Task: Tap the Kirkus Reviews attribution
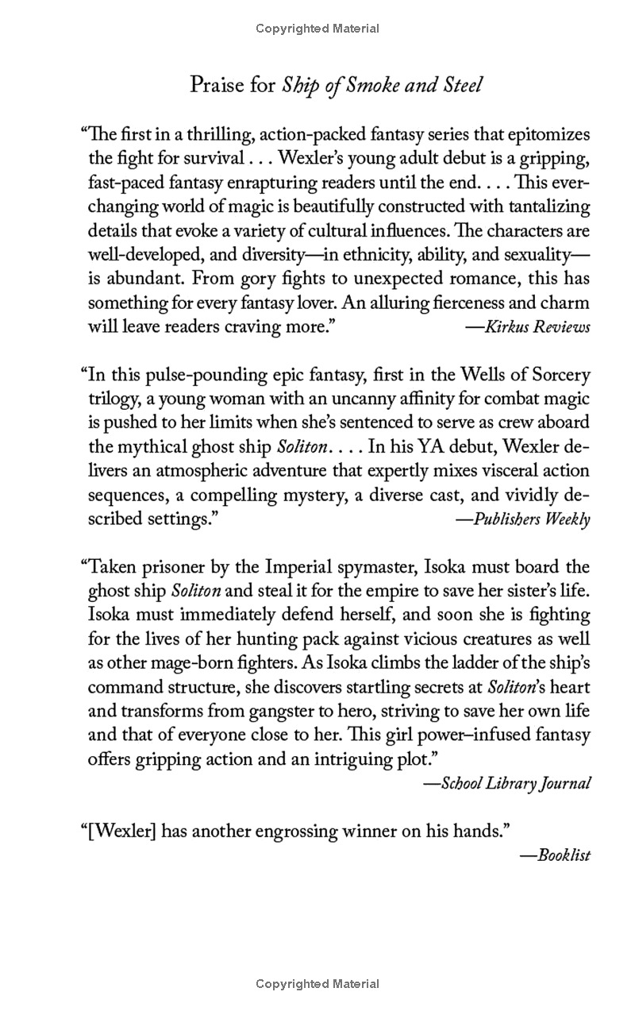(527, 327)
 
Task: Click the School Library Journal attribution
(506, 783)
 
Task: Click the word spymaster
(389, 567)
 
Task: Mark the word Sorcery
(560, 375)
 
